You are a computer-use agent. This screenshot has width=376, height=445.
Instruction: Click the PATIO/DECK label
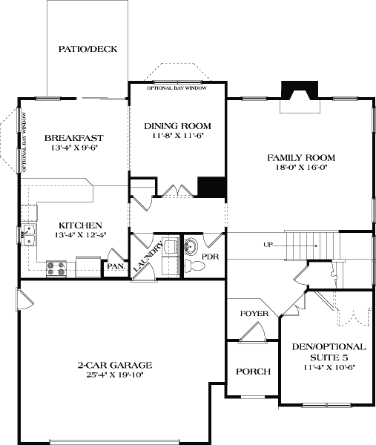[x=88, y=50]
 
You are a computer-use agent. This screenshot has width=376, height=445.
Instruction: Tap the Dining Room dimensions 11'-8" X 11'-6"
[x=177, y=136]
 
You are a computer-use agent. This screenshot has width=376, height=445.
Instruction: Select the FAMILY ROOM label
[x=301, y=157]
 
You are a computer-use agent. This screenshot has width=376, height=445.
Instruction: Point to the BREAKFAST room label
[x=73, y=137]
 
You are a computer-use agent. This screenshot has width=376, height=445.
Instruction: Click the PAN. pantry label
[x=114, y=266]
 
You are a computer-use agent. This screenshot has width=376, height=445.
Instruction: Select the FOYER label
[x=254, y=314]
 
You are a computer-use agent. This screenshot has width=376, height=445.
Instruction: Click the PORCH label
[x=253, y=372]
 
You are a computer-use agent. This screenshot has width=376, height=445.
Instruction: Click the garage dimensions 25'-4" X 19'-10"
[x=115, y=375]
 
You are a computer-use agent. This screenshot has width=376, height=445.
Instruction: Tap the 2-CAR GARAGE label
[x=115, y=365]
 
